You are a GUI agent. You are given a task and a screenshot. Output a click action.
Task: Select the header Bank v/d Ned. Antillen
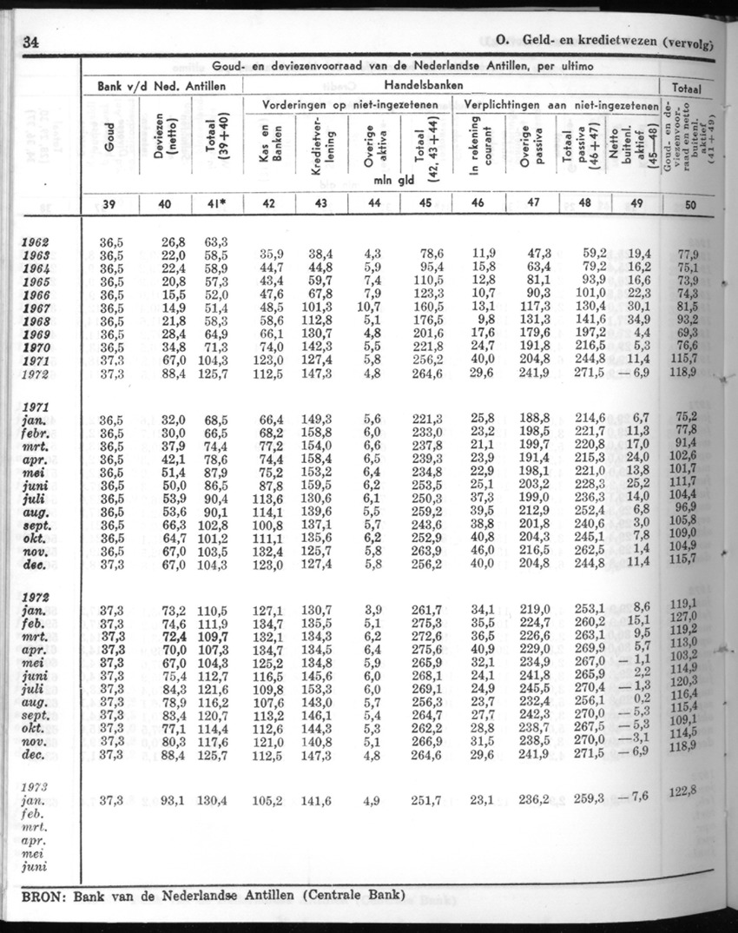(162, 86)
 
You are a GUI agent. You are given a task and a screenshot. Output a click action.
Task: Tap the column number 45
(421, 204)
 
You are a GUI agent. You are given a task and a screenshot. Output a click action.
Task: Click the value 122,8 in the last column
(691, 790)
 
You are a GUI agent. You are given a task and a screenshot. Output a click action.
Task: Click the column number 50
(690, 204)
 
